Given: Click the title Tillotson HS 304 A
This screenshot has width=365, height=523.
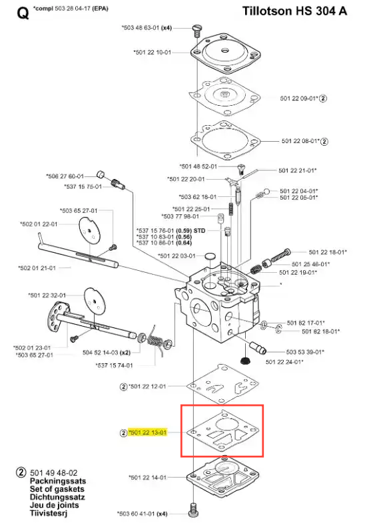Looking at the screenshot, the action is pyautogui.click(x=294, y=11).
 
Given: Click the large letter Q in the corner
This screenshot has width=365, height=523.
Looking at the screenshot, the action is pyautogui.click(x=23, y=14).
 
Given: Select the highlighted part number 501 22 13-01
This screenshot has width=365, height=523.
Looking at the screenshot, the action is pyautogui.click(x=147, y=433).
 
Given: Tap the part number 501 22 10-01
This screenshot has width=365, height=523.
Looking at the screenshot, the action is pyautogui.click(x=153, y=53).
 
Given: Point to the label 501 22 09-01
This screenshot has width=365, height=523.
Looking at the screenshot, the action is pyautogui.click(x=299, y=98).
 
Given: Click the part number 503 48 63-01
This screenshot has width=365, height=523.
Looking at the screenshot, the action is pyautogui.click(x=141, y=28).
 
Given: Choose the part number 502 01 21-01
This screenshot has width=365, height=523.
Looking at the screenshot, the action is pyautogui.click(x=37, y=268).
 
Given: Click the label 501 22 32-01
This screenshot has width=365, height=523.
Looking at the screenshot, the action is pyautogui.click(x=47, y=295).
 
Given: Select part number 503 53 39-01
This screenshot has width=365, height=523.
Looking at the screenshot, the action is pyautogui.click(x=305, y=352).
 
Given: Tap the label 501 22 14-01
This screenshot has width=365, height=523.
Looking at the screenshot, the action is pyautogui.click(x=148, y=477).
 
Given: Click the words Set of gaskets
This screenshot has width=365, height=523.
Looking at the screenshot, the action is pyautogui.click(x=57, y=489).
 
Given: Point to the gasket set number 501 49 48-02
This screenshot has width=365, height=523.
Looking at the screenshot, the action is pyautogui.click(x=54, y=473).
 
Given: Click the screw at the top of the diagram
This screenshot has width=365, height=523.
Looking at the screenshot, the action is pyautogui.click(x=197, y=31).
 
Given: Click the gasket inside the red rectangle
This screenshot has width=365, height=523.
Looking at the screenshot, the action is pyautogui.click(x=223, y=431).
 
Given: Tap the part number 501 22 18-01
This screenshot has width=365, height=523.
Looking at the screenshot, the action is pyautogui.click(x=328, y=252).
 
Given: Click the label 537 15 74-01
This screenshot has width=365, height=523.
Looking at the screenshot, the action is pyautogui.click(x=114, y=365).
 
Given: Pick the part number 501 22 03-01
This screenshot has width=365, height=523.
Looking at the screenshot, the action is pyautogui.click(x=177, y=256).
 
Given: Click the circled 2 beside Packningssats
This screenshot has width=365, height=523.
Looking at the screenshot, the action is pyautogui.click(x=21, y=472).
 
